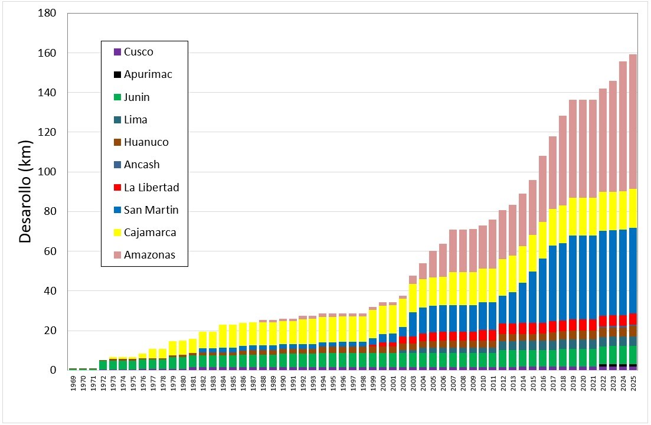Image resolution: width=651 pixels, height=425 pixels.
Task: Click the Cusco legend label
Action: (x=138, y=52)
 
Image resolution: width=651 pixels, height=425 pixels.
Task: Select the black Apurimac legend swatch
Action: (x=117, y=75)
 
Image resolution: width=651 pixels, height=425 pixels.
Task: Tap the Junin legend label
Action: (x=136, y=97)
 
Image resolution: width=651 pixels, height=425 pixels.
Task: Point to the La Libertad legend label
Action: (x=151, y=188)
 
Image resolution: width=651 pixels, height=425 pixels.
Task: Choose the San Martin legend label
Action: (x=151, y=210)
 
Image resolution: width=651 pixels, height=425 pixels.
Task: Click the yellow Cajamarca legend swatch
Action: (x=117, y=233)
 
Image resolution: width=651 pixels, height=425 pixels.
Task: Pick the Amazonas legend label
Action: (x=149, y=255)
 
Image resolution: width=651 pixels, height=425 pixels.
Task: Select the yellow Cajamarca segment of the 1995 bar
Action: (x=333, y=329)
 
